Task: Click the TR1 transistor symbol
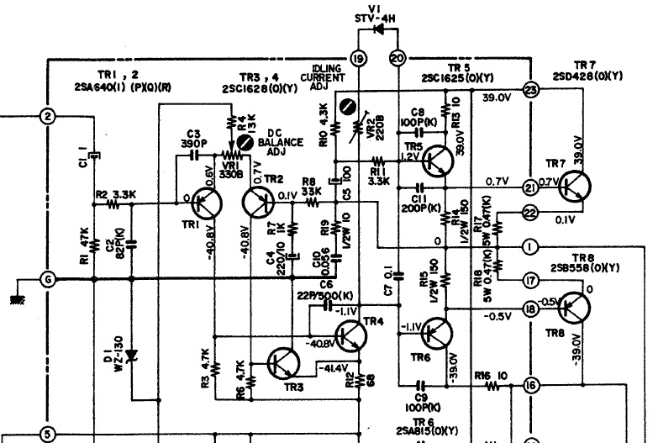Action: [205, 203]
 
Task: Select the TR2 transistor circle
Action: [259, 203]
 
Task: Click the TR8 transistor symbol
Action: [571, 309]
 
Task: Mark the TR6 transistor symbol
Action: [435, 333]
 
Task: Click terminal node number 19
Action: [359, 58]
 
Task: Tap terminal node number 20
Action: [397, 58]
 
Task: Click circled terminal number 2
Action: [48, 116]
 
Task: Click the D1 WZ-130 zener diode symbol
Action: [131, 354]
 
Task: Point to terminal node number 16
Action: [529, 386]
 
